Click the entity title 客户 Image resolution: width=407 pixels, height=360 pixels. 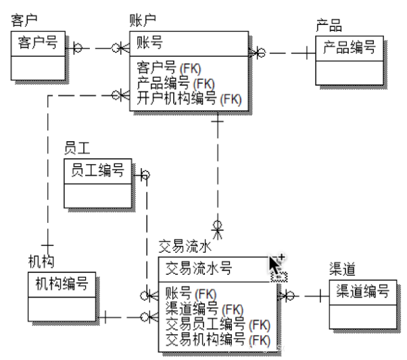click(x=24, y=20)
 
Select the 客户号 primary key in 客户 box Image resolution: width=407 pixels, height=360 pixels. click(x=38, y=43)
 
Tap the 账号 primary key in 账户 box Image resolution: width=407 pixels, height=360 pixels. click(x=150, y=43)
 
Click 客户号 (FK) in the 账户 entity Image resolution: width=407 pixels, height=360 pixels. click(x=169, y=68)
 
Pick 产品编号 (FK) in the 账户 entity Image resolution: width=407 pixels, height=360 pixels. click(x=176, y=83)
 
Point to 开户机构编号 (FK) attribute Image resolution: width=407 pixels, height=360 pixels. click(x=189, y=99)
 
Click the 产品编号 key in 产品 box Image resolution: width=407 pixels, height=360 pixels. click(x=350, y=47)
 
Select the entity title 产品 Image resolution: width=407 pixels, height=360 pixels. click(x=329, y=26)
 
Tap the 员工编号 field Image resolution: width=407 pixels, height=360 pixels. click(x=97, y=170)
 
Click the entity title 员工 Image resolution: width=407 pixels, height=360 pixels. click(x=77, y=149)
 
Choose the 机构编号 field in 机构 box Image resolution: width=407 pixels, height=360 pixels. click(x=62, y=284)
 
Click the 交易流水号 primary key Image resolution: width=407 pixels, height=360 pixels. click(x=199, y=268)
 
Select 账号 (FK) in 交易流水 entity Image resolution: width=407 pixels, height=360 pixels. click(x=191, y=294)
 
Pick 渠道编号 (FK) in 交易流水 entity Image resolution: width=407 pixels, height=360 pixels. click(x=204, y=309)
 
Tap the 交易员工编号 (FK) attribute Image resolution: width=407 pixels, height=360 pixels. click(x=218, y=324)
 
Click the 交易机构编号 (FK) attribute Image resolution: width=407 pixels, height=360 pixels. click(x=218, y=340)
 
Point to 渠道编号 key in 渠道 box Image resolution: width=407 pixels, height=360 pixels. click(x=363, y=291)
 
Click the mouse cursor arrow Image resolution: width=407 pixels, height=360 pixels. click(x=274, y=265)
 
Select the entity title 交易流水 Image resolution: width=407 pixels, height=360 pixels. click(x=185, y=247)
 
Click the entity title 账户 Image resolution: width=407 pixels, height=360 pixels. click(x=143, y=20)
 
